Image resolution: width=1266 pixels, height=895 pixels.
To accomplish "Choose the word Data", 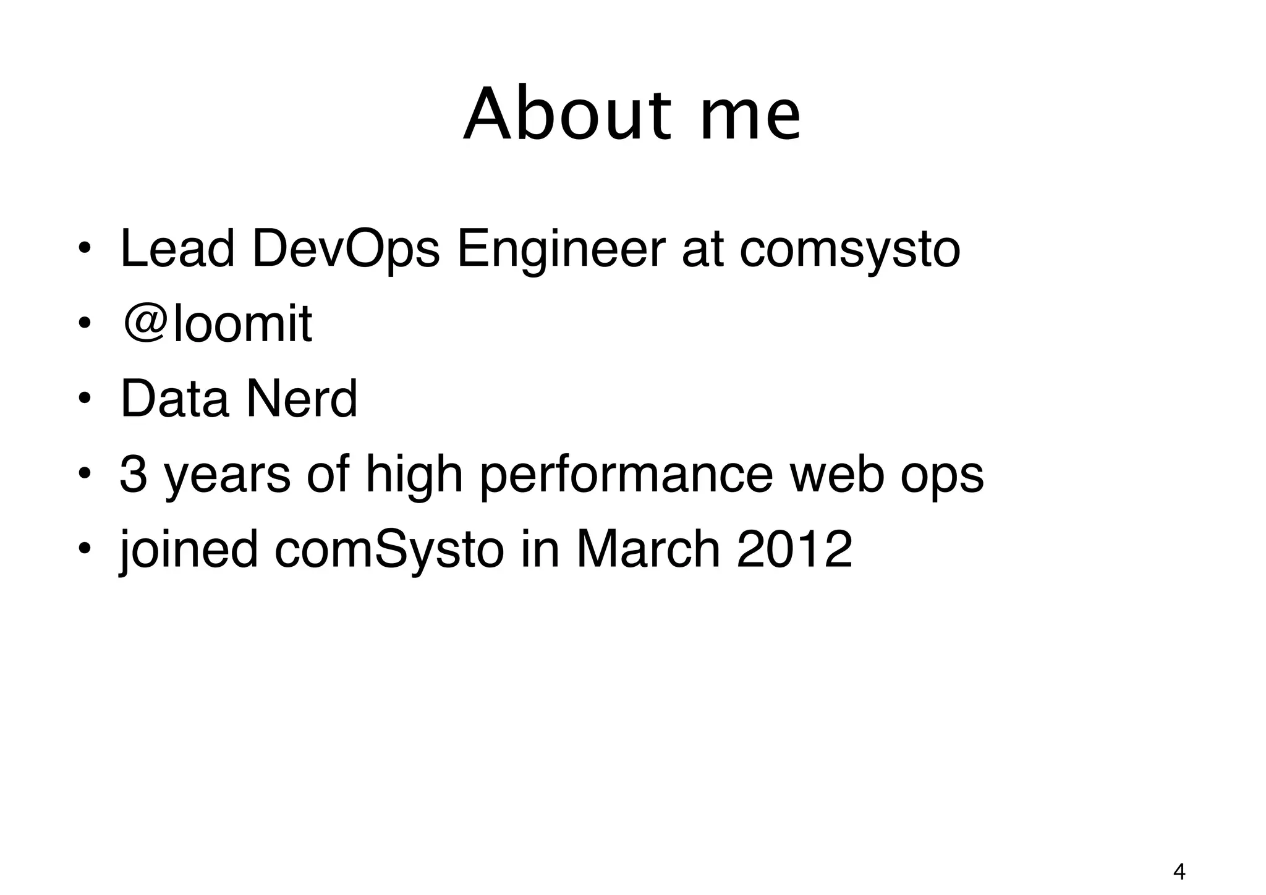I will coord(174,399).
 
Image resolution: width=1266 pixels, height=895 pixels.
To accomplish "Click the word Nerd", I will coord(302,399).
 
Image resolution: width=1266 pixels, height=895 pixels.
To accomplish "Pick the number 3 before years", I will coord(133,475).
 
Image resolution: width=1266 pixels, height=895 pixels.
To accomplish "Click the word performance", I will coord(626,476).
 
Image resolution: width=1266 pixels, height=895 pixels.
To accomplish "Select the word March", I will coord(648,549).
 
